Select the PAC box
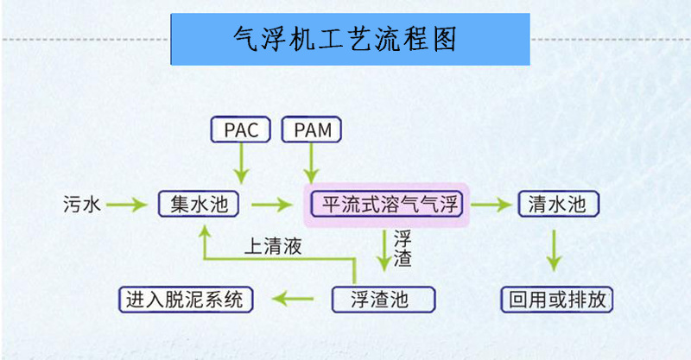click(x=242, y=130)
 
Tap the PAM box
click(x=311, y=130)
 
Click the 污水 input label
click(x=82, y=205)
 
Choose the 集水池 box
click(x=200, y=205)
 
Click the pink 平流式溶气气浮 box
click(x=385, y=205)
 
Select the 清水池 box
click(x=557, y=205)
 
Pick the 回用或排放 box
click(x=558, y=300)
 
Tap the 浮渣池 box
click(x=384, y=300)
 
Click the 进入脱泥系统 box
click(x=186, y=300)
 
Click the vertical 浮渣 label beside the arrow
click(x=403, y=248)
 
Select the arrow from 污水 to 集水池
click(x=128, y=205)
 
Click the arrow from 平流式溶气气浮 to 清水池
click(x=491, y=205)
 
